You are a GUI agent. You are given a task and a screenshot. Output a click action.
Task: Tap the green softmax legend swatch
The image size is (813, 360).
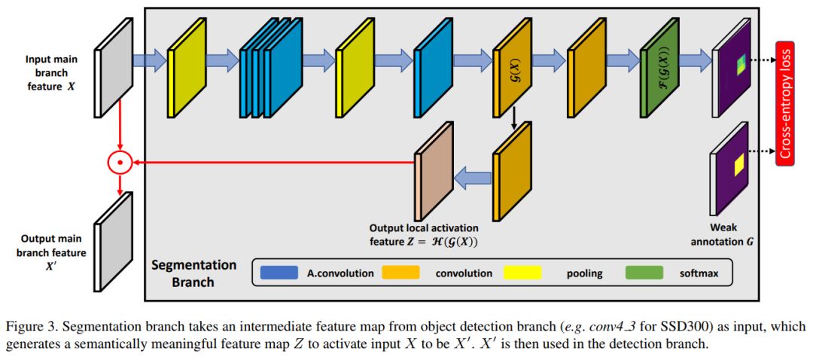(x=644, y=273)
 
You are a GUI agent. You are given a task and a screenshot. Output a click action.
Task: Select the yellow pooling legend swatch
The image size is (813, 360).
(x=528, y=273)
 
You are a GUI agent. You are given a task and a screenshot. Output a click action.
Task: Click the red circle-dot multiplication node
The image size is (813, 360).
(x=119, y=160)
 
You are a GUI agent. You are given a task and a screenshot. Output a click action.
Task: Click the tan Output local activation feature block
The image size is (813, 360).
(x=434, y=171)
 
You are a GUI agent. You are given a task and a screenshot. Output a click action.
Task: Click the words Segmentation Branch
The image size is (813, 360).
(x=193, y=273)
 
